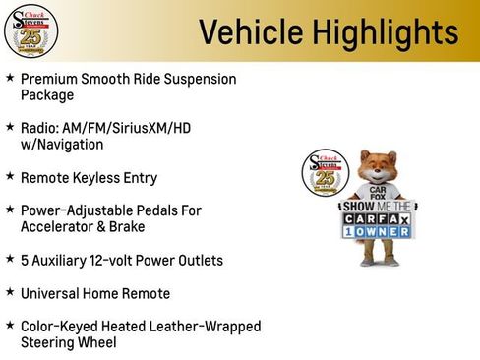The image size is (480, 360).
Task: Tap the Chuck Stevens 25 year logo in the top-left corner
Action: coord(31,30)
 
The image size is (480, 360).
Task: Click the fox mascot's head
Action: coord(378,168)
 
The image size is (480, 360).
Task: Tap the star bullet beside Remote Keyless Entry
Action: coord(10,177)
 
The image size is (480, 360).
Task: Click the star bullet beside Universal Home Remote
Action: coord(10,293)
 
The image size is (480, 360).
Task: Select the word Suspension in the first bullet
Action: coord(196,79)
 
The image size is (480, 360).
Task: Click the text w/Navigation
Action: coord(62,144)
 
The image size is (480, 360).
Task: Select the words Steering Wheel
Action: coord(68,343)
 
